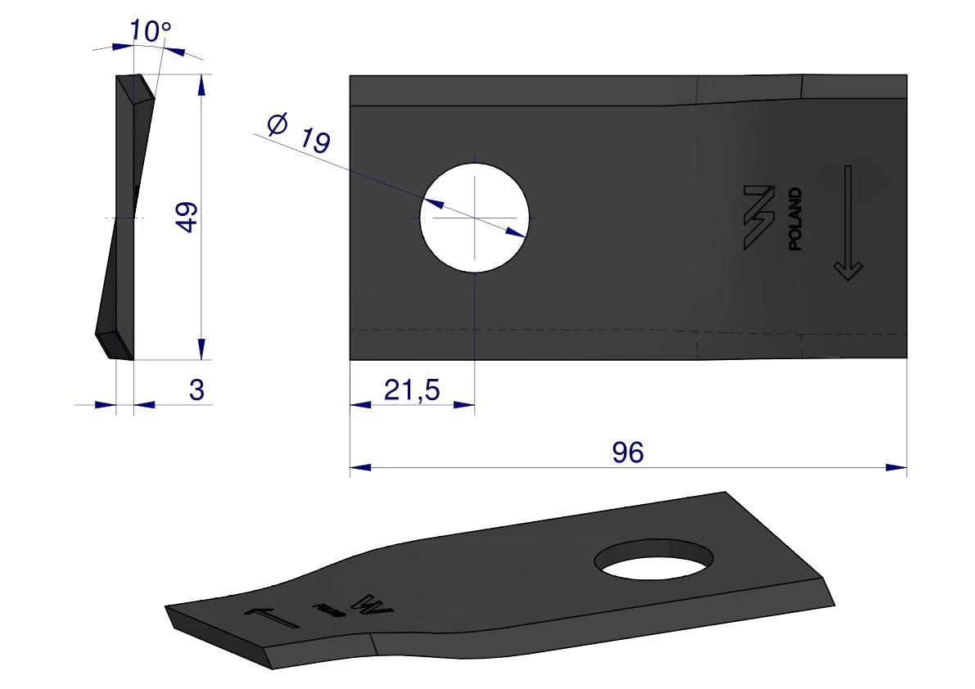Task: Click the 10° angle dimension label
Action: pos(150,31)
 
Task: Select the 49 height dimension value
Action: pos(187,217)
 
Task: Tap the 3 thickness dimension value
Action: pos(196,390)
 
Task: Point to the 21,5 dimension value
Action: pos(412,390)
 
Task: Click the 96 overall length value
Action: pos(627,453)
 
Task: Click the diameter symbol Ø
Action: pos(278,124)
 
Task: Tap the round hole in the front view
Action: pos(475,218)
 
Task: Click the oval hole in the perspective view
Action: pos(653,559)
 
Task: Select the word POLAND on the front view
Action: pos(795,218)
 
